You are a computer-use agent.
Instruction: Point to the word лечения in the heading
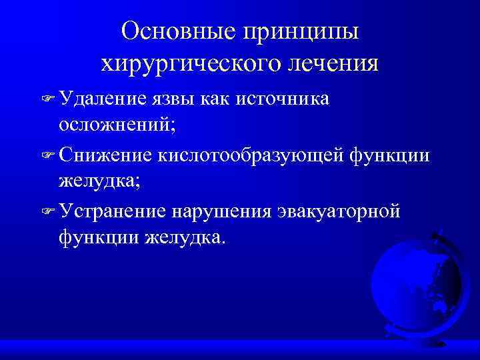[326, 64]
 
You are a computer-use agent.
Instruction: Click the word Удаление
[101, 99]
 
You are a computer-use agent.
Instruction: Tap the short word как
[236, 99]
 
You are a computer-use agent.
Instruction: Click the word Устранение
[113, 211]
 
